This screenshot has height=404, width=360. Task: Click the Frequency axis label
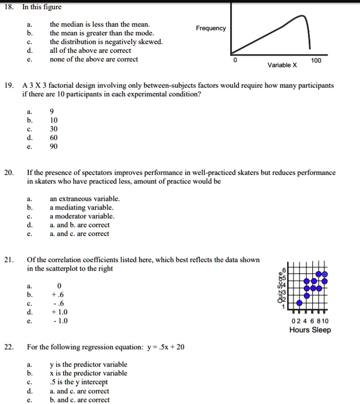tap(210, 28)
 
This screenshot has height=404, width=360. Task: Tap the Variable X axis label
tap(282, 65)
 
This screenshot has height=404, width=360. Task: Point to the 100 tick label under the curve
tap(316, 60)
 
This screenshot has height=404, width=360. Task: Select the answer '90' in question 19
tap(54, 146)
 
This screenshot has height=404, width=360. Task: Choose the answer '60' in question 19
tap(54, 137)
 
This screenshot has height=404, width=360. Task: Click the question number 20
tap(9, 173)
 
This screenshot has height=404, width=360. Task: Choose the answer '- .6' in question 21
tap(59, 303)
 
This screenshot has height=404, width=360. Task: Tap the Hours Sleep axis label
tap(310, 330)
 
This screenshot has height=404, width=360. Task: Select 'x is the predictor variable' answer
tap(88, 373)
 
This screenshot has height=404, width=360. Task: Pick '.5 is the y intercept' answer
tap(78, 382)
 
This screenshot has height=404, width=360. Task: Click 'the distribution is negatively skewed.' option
tap(106, 42)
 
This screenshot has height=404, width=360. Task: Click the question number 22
tap(9, 347)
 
